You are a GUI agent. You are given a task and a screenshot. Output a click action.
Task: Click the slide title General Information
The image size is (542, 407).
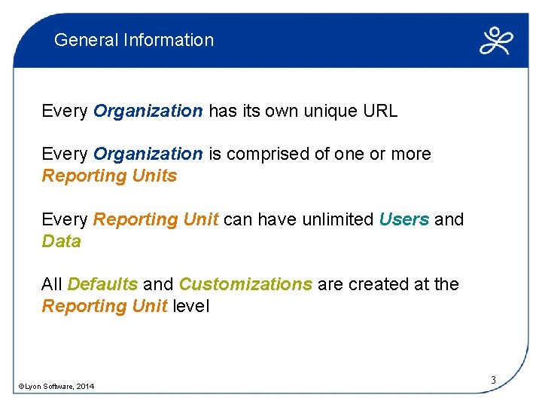click(x=134, y=40)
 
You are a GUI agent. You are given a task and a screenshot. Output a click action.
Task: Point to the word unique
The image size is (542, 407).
click(x=330, y=112)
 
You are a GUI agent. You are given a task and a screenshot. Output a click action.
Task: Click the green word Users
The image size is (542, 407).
click(x=404, y=219)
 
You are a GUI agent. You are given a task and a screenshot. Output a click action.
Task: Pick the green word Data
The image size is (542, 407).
click(x=61, y=241)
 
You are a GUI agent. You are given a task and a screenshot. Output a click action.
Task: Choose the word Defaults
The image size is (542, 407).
click(x=102, y=284)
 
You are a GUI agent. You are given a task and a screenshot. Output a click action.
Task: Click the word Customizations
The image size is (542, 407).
click(x=245, y=284)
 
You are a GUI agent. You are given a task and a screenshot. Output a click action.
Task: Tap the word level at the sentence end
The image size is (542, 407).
click(x=190, y=306)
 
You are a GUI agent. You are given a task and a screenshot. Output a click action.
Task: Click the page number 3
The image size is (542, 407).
click(x=493, y=380)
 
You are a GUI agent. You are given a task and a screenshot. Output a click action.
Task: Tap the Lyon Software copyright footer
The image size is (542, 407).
click(x=56, y=387)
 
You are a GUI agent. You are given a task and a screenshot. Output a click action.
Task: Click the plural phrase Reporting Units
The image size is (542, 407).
click(x=109, y=176)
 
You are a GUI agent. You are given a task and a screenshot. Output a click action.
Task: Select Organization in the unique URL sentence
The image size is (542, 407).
click(x=148, y=112)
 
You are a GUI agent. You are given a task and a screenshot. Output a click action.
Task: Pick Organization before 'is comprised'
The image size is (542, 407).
click(x=148, y=155)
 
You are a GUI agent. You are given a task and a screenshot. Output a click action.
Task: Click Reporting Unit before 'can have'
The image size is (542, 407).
click(x=155, y=219)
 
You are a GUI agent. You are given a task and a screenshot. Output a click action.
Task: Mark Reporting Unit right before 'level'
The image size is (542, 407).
click(x=104, y=306)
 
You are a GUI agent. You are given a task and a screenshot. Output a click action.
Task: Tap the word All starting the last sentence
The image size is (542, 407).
click(x=52, y=284)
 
